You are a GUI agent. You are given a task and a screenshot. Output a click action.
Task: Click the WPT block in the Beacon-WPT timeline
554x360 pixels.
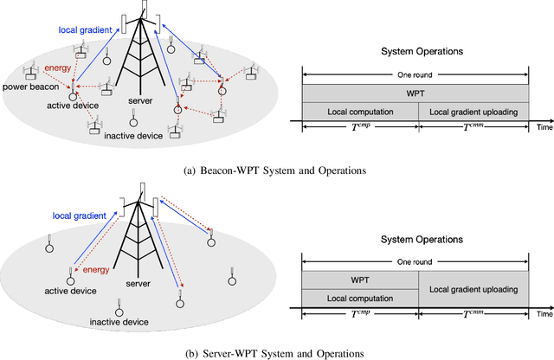tap(415, 93)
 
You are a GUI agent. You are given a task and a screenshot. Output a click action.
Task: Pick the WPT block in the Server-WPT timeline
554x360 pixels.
tap(359, 280)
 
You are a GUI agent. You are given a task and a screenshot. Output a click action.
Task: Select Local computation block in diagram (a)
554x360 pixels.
tap(359, 112)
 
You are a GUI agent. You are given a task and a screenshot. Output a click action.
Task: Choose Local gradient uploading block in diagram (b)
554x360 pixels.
tap(473, 289)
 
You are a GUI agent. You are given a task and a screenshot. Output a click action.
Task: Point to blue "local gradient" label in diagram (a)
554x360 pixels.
tap(86, 31)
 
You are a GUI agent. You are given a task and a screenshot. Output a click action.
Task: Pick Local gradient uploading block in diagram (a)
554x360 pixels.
tap(473, 112)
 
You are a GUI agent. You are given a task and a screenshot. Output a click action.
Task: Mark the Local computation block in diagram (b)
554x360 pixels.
tap(359, 298)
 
